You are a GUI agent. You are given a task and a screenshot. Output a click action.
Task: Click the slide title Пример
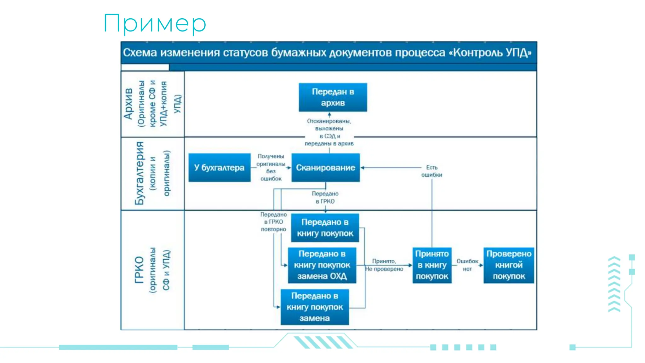(155, 23)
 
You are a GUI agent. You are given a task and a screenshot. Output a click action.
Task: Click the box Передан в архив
(333, 97)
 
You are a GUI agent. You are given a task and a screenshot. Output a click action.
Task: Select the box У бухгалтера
(219, 168)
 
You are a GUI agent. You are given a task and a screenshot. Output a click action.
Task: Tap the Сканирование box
(325, 168)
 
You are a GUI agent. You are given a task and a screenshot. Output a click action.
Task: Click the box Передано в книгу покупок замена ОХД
(322, 265)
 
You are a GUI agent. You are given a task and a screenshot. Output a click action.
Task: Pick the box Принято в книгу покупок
(432, 265)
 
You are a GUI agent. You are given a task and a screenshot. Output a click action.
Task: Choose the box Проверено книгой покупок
(509, 265)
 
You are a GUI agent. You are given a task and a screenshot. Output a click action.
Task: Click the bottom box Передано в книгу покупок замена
(315, 307)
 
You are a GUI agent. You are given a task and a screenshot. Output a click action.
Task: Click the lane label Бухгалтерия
(139, 173)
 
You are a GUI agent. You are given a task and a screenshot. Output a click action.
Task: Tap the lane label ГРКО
(139, 270)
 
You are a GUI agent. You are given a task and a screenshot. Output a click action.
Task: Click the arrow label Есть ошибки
(431, 171)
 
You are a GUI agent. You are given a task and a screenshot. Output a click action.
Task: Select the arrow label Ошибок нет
(467, 265)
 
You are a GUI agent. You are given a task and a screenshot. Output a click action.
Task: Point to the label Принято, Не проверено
(384, 265)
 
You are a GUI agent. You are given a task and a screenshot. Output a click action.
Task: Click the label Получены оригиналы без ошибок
(271, 167)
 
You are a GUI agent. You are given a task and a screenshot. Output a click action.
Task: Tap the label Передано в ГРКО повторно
(273, 222)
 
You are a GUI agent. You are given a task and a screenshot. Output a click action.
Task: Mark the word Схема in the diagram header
(140, 53)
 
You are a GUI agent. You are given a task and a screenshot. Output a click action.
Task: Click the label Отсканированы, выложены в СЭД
(329, 132)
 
